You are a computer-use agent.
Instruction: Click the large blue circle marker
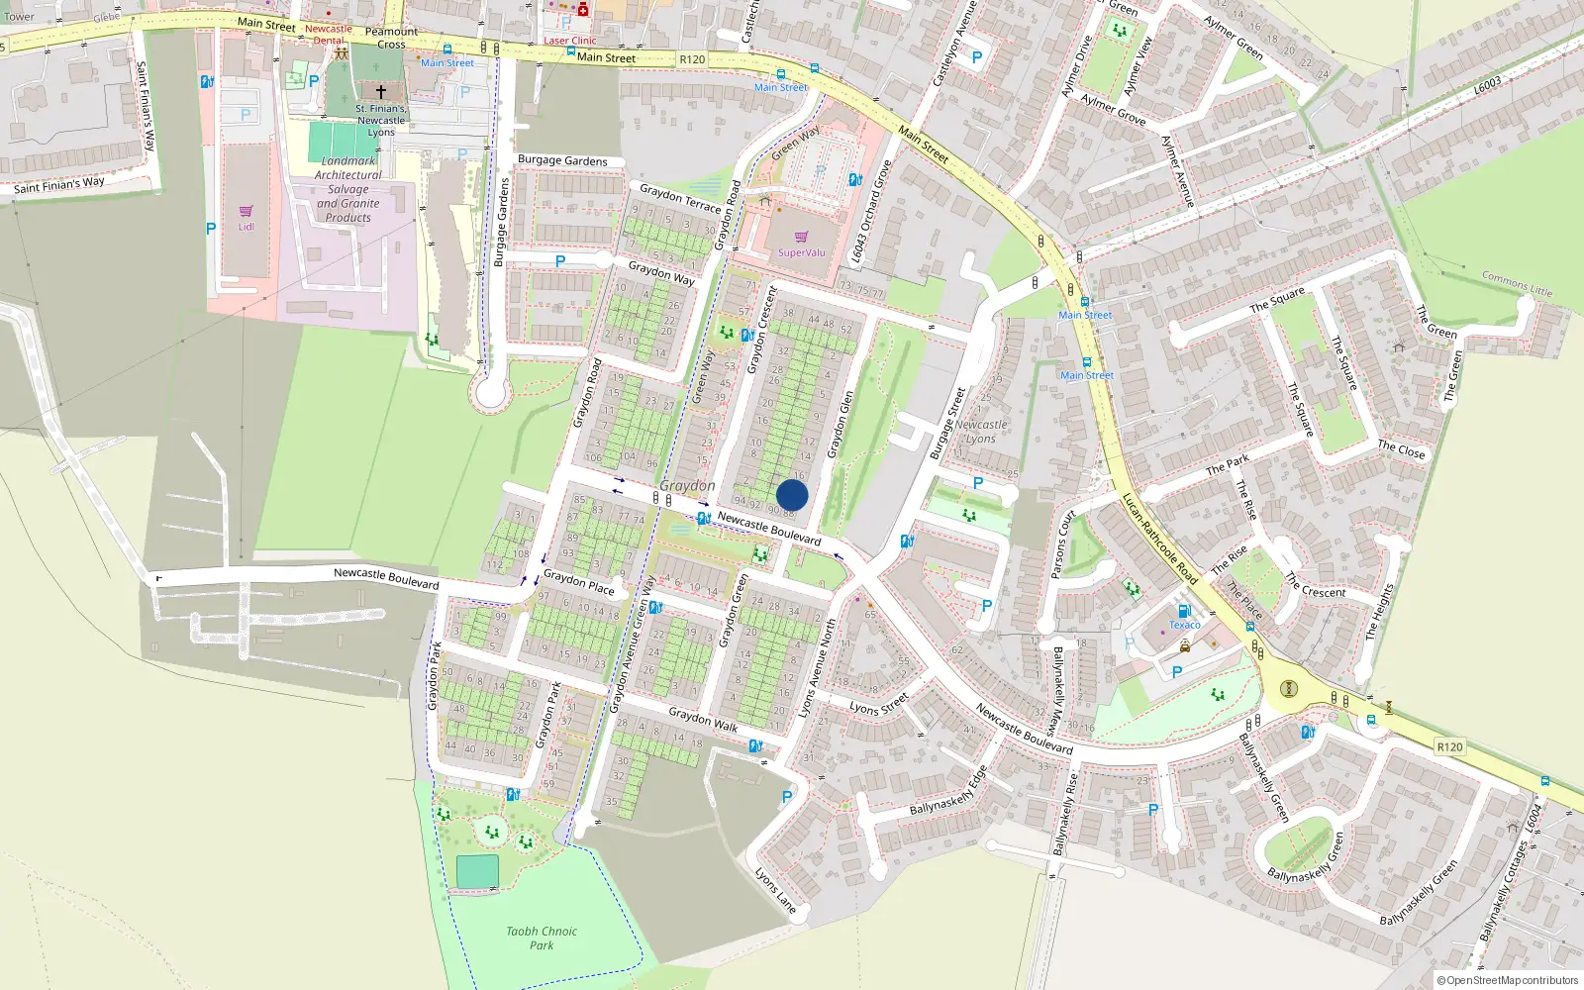pyautogui.click(x=792, y=495)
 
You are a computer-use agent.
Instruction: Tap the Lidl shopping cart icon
pyautogui.click(x=246, y=211)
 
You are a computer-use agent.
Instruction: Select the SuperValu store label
pyautogui.click(x=801, y=252)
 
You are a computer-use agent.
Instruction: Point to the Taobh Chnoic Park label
pyautogui.click(x=542, y=938)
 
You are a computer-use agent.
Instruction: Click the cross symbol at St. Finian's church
pyautogui.click(x=380, y=91)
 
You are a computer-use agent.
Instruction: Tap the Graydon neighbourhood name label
pyautogui.click(x=687, y=486)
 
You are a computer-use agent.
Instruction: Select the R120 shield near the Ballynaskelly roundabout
pyautogui.click(x=1449, y=746)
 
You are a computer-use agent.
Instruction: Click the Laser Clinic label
pyautogui.click(x=570, y=41)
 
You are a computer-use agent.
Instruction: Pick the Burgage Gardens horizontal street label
pyautogui.click(x=562, y=160)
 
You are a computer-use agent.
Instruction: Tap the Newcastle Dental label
pyautogui.click(x=328, y=35)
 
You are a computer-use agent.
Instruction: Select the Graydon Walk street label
pyautogui.click(x=703, y=720)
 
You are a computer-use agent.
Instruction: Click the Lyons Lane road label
pyautogui.click(x=775, y=890)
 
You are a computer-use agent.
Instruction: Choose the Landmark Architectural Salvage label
pyautogui.click(x=348, y=189)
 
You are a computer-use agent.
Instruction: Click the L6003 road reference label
pyautogui.click(x=1487, y=85)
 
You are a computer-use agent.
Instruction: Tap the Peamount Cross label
pyautogui.click(x=391, y=38)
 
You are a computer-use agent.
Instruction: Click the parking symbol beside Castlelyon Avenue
pyautogui.click(x=976, y=57)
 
